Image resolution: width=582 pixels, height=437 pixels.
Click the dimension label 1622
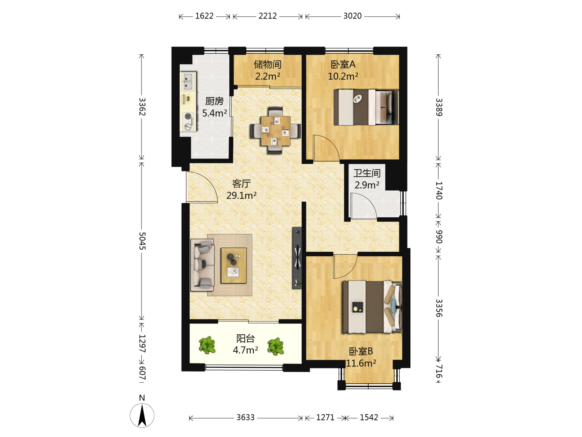point(204,16)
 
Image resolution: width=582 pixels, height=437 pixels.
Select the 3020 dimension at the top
point(352,16)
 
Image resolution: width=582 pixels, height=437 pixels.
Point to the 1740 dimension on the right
point(439,191)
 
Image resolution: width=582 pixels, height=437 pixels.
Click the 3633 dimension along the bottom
point(246,417)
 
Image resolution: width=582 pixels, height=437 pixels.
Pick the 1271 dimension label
point(325,417)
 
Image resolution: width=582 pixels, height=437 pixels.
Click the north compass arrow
point(142,416)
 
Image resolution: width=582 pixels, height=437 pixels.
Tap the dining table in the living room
point(275,131)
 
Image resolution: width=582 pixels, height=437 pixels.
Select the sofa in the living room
point(202,265)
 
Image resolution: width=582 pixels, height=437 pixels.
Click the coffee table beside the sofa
point(234,265)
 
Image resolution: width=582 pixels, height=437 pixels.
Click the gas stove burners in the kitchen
point(188,121)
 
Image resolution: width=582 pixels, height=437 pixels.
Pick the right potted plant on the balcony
point(276,346)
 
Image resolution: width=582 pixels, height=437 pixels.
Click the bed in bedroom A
point(366,107)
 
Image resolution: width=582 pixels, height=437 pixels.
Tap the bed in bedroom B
point(372,307)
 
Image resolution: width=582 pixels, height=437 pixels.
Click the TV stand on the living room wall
point(297,258)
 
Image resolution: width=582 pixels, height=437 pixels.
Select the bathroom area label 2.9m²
point(367,185)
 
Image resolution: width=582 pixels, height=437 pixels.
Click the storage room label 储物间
point(268,65)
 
